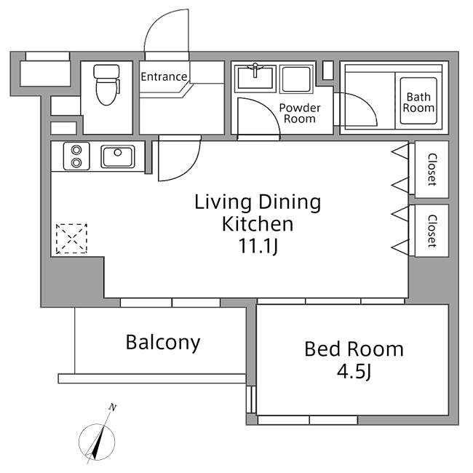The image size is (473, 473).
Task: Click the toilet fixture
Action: click(107, 84)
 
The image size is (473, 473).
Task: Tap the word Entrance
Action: click(164, 76)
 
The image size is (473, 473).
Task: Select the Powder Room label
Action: click(300, 113)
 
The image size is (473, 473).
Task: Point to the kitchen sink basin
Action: click(118, 156)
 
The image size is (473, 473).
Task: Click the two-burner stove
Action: click(76, 156)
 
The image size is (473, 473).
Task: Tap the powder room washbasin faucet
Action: click(255, 70)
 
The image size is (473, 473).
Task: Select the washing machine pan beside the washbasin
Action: click(295, 79)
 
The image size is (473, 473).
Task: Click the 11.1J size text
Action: click(258, 246)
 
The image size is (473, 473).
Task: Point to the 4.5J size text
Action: click(354, 372)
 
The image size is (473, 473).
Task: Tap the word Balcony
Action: click(163, 343)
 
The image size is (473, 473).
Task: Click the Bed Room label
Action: click(354, 349)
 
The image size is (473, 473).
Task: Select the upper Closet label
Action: click(432, 170)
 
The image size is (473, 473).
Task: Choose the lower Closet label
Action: click(432, 231)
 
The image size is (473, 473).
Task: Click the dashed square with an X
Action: click(71, 239)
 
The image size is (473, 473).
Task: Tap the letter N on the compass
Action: click(113, 408)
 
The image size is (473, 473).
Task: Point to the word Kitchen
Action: click(258, 224)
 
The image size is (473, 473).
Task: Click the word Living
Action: click(223, 203)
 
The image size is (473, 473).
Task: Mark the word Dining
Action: click(290, 203)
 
